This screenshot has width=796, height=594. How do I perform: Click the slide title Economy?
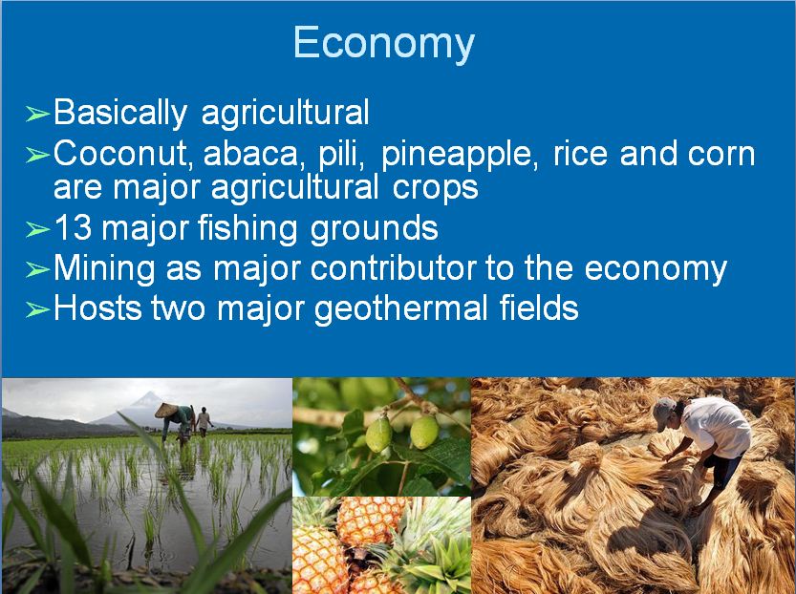click(384, 44)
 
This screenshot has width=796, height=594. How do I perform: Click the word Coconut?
click(123, 154)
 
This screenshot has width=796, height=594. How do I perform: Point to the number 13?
click(73, 227)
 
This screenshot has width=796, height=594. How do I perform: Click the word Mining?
click(104, 269)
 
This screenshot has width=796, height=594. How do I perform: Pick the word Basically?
click(120, 113)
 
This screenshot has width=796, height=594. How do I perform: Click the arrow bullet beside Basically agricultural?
click(37, 115)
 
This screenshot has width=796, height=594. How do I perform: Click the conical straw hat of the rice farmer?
click(166, 410)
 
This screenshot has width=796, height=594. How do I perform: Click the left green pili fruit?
click(378, 435)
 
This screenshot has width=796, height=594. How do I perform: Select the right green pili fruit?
click(424, 433)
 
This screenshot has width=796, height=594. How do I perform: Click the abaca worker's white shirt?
click(716, 427)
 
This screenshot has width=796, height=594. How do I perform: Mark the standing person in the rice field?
click(204, 421)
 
